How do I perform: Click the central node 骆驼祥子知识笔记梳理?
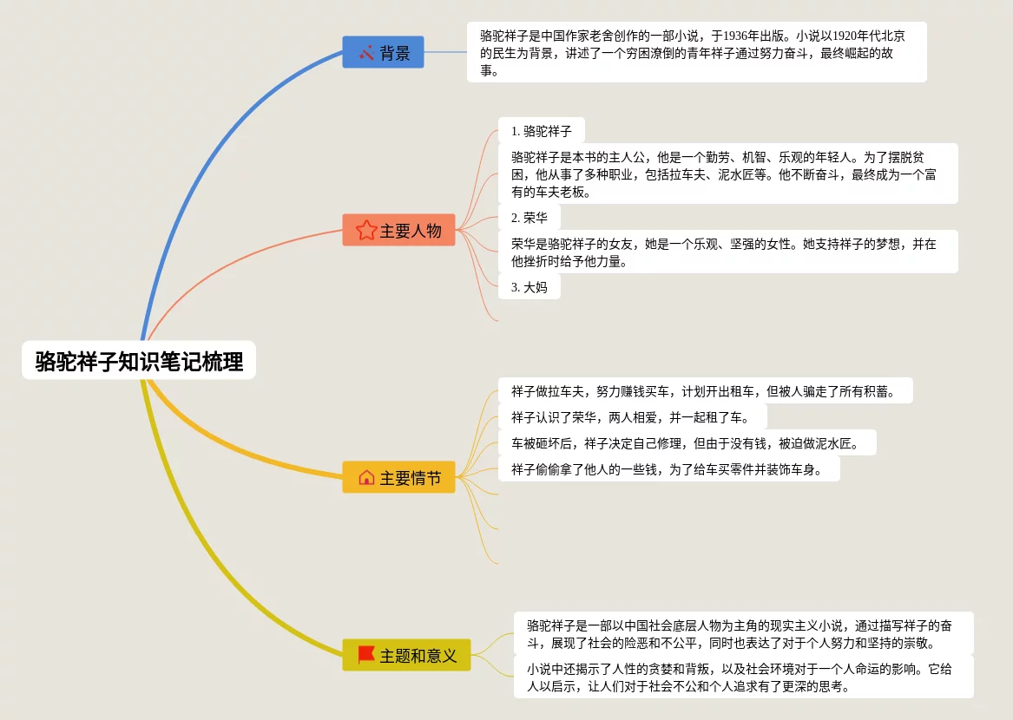[139, 360]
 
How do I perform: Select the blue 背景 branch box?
[383, 52]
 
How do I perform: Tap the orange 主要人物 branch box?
[398, 230]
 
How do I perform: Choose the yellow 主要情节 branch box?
[398, 477]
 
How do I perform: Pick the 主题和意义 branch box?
[406, 655]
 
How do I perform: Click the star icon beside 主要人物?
[366, 230]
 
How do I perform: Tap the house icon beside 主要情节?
[366, 477]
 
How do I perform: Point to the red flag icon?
[366, 655]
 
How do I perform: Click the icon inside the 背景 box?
[366, 52]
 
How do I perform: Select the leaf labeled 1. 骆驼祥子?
[541, 131]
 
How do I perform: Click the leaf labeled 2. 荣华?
[530, 217]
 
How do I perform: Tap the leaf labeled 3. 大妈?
[530, 286]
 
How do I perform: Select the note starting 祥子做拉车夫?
[705, 390]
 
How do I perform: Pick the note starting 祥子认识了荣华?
[632, 417]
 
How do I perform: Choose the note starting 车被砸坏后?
[687, 443]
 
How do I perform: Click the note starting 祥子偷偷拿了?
[668, 469]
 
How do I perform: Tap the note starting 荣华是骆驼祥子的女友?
[727, 252]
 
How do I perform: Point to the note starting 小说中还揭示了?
[743, 677]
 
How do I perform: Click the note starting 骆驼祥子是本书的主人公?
[727, 173]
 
